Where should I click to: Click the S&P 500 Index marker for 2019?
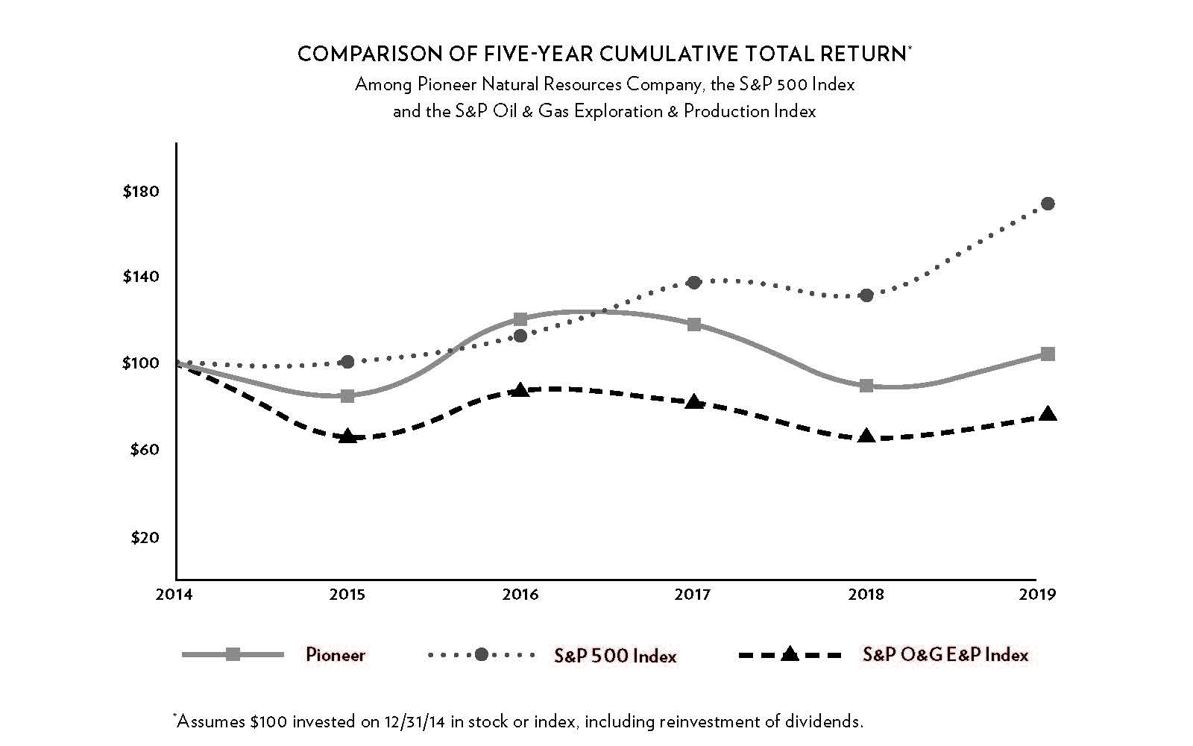tap(1048, 204)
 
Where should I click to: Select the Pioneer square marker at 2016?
tap(520, 319)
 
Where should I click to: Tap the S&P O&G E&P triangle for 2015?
tap(347, 436)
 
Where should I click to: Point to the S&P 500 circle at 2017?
tap(693, 282)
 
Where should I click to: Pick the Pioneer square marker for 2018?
tap(866, 386)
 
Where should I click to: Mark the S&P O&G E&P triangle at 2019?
tap(1048, 414)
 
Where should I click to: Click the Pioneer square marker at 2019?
tap(1048, 354)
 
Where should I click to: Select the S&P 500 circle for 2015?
tap(347, 362)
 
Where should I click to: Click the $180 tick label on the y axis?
tap(141, 192)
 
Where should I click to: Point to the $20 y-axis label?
tap(145, 537)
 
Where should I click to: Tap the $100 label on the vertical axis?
tap(141, 363)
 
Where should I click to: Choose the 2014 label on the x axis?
tap(174, 595)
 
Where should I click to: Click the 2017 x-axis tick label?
tap(693, 595)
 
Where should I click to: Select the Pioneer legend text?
tap(336, 655)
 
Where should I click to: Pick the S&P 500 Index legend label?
tap(615, 656)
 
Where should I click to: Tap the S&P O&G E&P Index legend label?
tap(945, 655)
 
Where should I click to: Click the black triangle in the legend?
tap(790, 654)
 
